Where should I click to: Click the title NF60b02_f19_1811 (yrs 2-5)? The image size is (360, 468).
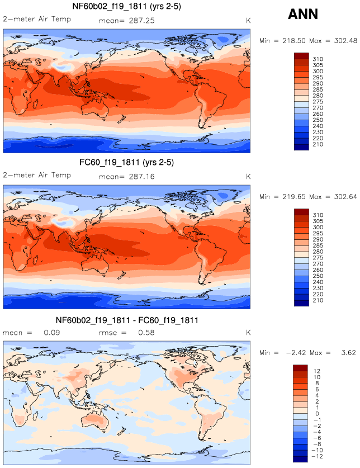click(126, 7)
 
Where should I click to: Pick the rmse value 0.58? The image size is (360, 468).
click(149, 333)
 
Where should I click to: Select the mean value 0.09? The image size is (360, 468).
click(52, 333)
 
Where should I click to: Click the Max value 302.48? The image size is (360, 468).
click(337, 40)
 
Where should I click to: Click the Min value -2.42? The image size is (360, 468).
click(293, 353)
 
